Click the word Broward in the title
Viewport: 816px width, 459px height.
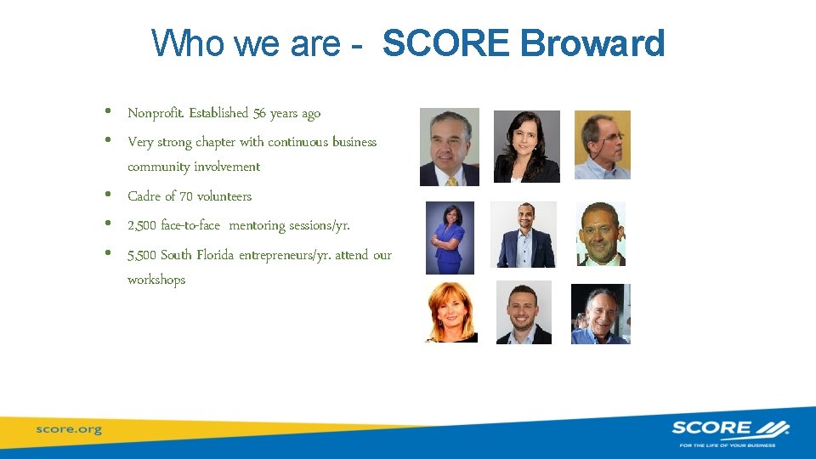pos(592,44)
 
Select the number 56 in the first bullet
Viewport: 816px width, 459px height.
pos(258,113)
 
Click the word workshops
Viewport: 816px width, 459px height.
pos(156,280)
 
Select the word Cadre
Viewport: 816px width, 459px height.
pos(143,196)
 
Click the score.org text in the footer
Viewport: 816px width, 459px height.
pos(69,429)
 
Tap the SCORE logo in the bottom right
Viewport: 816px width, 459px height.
pos(730,428)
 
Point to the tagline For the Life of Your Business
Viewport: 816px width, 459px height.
pos(730,444)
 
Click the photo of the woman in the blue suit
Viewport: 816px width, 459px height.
pos(450,238)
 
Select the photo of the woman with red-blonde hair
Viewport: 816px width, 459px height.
pos(451,313)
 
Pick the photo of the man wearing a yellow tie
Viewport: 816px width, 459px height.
pos(450,147)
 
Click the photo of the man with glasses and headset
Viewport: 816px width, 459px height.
pos(603,144)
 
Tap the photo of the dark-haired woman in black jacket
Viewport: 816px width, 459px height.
pos(527,146)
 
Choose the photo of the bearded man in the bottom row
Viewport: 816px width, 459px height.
pos(524,313)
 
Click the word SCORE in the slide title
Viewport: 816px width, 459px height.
pos(447,44)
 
